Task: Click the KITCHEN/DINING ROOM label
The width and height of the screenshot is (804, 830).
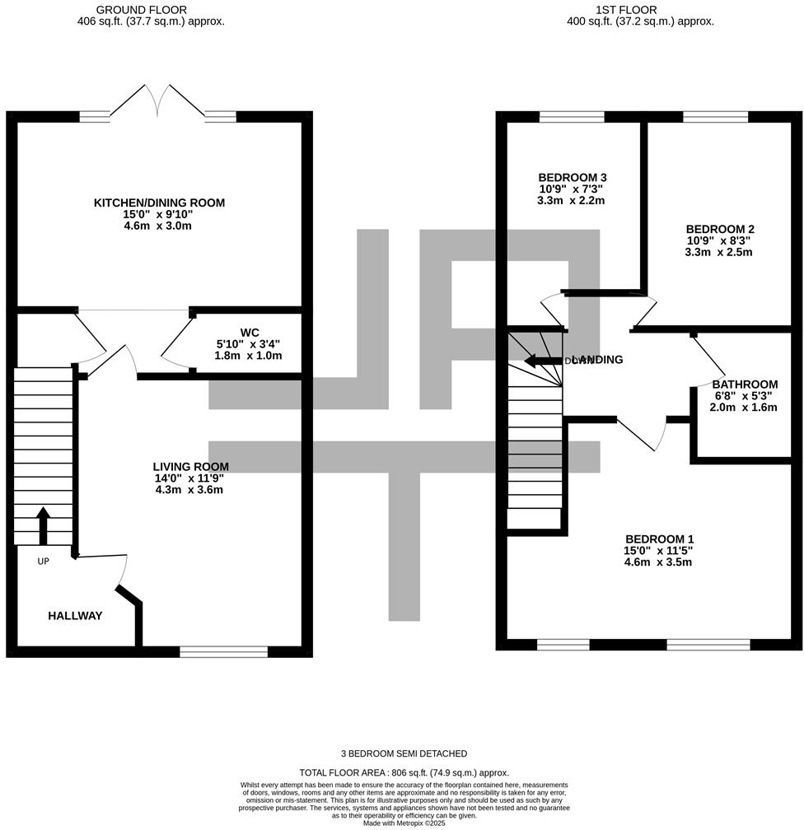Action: (x=159, y=203)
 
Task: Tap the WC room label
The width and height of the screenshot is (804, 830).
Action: (x=250, y=333)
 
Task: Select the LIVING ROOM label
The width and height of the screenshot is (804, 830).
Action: (x=189, y=465)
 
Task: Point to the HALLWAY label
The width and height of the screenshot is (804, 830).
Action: (x=75, y=616)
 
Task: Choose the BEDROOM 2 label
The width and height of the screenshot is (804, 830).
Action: (x=719, y=230)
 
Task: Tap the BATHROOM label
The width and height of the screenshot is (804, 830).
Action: (x=745, y=385)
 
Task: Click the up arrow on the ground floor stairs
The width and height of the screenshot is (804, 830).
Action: (x=43, y=525)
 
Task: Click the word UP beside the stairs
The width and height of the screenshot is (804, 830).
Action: (x=43, y=562)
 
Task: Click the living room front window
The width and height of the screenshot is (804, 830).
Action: (x=223, y=651)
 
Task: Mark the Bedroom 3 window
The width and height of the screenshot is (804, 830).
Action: (x=571, y=117)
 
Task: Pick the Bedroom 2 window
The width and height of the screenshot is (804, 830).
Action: (x=715, y=117)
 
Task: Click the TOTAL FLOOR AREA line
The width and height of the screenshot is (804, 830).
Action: (x=404, y=772)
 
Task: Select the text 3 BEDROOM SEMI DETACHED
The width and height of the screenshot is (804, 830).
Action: (x=404, y=753)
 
